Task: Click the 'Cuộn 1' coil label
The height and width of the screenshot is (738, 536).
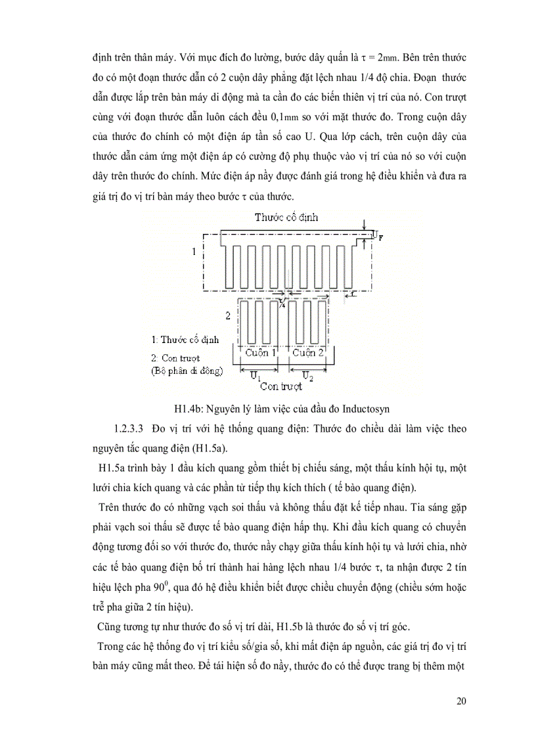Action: (x=261, y=353)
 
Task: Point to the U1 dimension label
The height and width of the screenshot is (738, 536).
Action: (x=256, y=375)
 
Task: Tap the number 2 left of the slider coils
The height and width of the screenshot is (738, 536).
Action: (x=227, y=316)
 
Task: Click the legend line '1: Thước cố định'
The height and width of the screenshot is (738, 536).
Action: (x=185, y=340)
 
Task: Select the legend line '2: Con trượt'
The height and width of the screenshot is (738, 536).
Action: (x=175, y=358)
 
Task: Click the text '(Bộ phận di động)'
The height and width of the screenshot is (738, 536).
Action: (x=187, y=371)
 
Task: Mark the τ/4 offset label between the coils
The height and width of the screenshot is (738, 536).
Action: (x=282, y=303)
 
